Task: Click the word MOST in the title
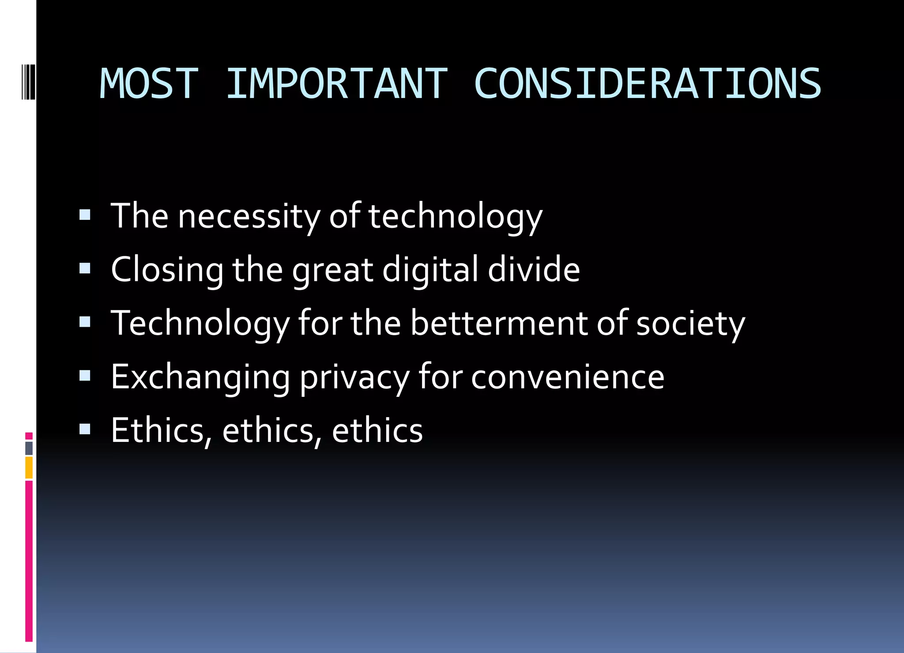(x=149, y=84)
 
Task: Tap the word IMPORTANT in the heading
(x=336, y=84)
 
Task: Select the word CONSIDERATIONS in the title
(x=647, y=84)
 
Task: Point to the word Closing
(x=167, y=270)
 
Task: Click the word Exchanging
(x=200, y=377)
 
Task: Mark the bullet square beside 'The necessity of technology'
(x=85, y=215)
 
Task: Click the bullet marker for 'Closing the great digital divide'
(x=85, y=268)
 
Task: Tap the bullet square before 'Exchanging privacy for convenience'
(x=85, y=376)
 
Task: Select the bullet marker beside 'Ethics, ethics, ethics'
(x=85, y=429)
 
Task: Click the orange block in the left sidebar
(x=29, y=468)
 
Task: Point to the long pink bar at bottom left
(x=29, y=561)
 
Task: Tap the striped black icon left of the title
(x=28, y=81)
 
